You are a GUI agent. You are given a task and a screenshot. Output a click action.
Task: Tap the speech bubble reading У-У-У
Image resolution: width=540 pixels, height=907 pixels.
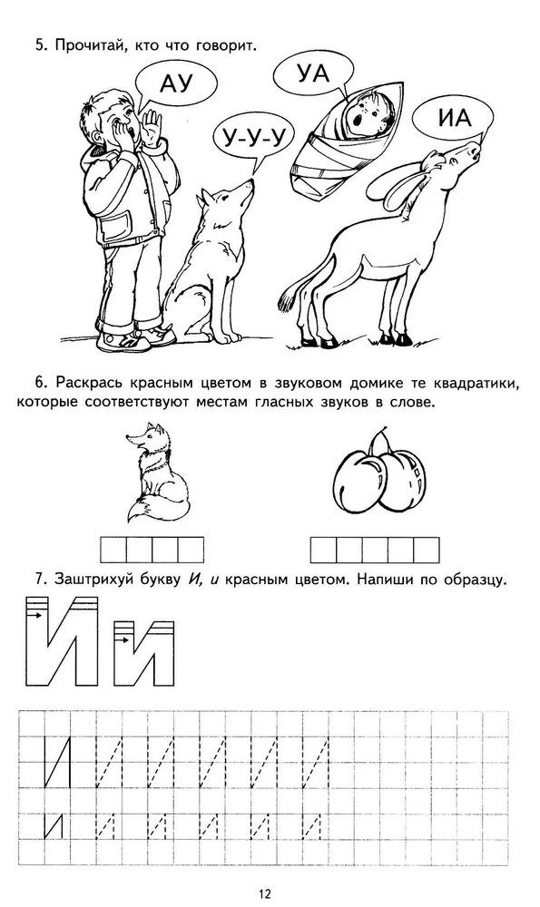click(253, 138)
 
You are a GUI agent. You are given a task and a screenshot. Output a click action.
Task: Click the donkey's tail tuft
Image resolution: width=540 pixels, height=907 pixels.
click(288, 299)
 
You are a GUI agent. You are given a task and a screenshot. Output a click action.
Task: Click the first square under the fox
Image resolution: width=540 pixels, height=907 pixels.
click(113, 550)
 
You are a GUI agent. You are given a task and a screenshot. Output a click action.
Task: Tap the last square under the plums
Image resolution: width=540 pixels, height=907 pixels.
click(427, 551)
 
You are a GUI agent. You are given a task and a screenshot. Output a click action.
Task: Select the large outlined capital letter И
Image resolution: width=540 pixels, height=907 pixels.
click(62, 641)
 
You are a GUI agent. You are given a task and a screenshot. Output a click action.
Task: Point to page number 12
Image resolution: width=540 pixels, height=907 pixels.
click(264, 893)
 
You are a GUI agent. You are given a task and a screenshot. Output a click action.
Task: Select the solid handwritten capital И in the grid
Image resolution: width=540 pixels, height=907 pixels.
click(57, 763)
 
